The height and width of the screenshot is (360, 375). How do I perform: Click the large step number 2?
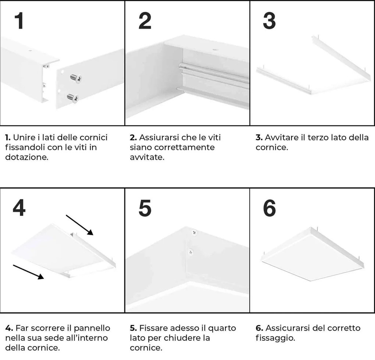(144, 21)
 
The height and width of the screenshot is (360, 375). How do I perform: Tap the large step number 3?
(269, 21)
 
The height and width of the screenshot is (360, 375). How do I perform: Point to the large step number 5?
(144, 208)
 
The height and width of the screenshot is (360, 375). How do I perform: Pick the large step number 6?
(269, 208)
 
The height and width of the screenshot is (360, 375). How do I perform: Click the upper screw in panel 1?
(75, 78)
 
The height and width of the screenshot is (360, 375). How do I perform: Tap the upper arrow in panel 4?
(80, 224)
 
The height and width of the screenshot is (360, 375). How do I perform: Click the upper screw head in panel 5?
(193, 232)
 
